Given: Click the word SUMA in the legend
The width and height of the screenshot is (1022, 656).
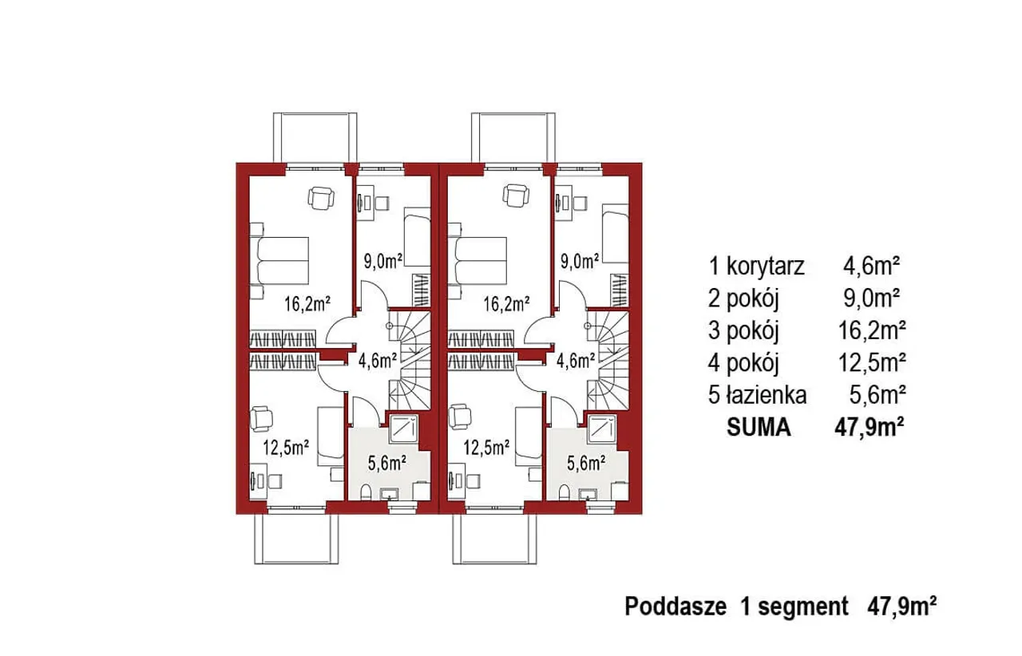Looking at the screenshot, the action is click(759, 428).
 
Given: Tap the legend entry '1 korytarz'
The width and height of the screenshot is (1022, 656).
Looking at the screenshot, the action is click(756, 267).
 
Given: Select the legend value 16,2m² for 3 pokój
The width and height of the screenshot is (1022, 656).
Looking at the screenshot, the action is click(872, 330).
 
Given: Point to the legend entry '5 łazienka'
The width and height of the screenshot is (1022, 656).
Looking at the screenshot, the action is click(758, 395).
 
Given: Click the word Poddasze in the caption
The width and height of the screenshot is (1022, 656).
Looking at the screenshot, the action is click(675, 607).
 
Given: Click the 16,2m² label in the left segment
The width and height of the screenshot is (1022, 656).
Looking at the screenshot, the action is click(307, 303).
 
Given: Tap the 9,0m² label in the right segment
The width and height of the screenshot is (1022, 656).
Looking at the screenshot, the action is click(580, 262).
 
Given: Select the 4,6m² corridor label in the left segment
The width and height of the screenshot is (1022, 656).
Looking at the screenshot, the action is click(378, 361).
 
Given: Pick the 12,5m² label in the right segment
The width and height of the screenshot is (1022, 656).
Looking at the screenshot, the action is click(486, 448).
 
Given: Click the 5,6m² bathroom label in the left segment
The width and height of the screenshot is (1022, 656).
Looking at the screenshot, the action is click(387, 464).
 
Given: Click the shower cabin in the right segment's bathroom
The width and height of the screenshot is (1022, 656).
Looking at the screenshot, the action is click(602, 429).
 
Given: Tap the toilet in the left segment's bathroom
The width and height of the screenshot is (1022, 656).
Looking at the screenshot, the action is click(366, 492).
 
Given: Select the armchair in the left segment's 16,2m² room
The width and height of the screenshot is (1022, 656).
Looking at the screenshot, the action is click(321, 198).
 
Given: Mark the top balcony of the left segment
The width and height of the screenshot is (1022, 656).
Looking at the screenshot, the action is click(315, 138).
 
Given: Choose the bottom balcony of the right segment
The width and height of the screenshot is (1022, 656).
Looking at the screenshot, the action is click(494, 539).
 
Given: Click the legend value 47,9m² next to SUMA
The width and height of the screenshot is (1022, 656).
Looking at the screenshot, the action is click(869, 428).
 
